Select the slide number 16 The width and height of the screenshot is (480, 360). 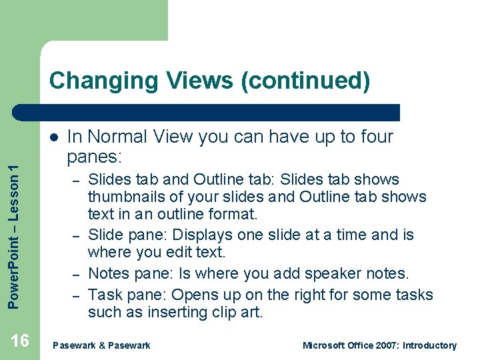click(x=20, y=341)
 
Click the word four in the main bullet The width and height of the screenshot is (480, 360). click(x=375, y=137)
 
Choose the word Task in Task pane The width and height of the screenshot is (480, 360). click(x=105, y=295)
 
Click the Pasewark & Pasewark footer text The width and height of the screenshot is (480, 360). click(x=101, y=345)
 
